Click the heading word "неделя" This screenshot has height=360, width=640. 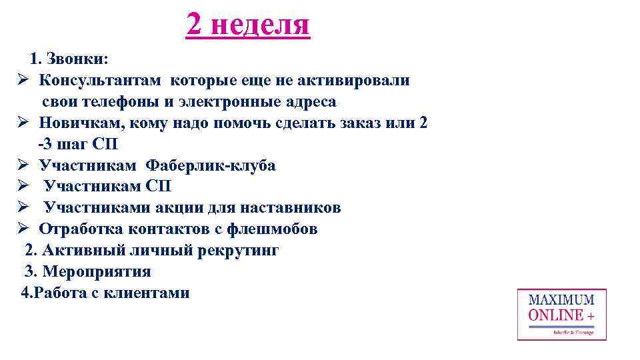(x=261, y=25)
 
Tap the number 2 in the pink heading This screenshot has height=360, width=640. (x=194, y=25)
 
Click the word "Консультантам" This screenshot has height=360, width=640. (x=100, y=81)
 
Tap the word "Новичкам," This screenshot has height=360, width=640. (x=75, y=123)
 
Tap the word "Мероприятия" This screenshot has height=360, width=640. (x=97, y=271)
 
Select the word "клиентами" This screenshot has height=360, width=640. (x=149, y=293)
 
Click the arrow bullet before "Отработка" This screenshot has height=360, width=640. (x=22, y=229)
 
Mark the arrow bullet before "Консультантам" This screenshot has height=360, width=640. (x=22, y=81)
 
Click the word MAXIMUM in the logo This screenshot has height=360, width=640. (x=561, y=301)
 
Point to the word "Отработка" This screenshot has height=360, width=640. (x=76, y=229)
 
